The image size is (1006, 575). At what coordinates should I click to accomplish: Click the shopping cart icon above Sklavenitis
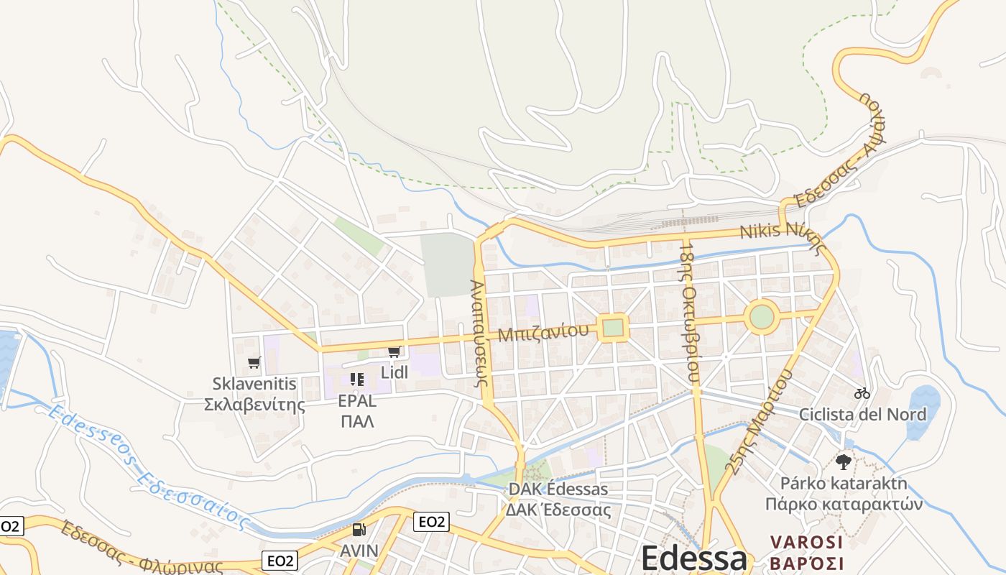click(x=254, y=362)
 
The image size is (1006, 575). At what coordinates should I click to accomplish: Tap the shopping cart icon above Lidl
click(x=393, y=351)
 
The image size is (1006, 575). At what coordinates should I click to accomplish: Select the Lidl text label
click(x=394, y=372)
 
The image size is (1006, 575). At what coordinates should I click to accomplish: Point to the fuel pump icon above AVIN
click(x=359, y=530)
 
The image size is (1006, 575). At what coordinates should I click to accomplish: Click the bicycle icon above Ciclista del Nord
click(x=862, y=393)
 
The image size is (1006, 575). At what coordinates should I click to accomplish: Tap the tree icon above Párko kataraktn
click(x=844, y=461)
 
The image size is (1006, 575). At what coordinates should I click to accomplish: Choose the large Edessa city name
click(x=693, y=558)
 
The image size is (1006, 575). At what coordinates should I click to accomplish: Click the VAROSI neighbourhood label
click(x=806, y=542)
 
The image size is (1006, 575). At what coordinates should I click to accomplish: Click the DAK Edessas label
click(x=558, y=489)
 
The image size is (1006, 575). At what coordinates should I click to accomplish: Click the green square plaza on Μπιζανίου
click(x=612, y=328)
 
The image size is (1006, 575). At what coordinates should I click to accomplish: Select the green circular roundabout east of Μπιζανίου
click(x=761, y=317)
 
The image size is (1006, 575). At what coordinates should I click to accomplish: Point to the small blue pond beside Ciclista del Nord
click(x=923, y=411)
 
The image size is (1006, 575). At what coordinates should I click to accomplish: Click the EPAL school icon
click(x=357, y=379)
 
